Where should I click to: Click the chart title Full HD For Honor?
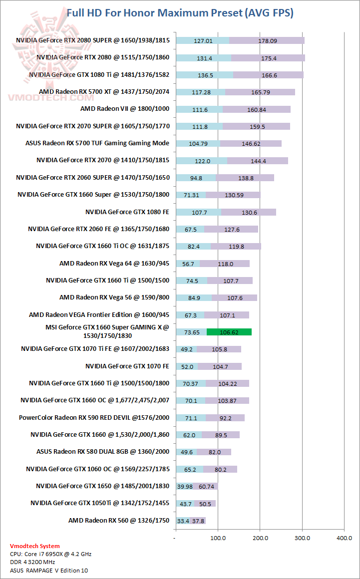tap(180, 13)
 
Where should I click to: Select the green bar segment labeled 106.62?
tap(229, 332)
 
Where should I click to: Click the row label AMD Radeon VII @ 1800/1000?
tap(125, 109)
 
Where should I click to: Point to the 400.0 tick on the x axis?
tap(344, 538)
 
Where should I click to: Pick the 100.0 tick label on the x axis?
tap(218, 538)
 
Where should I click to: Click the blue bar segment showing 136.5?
tap(205, 75)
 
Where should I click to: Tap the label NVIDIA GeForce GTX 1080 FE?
tap(127, 212)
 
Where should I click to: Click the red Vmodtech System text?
tap(35, 546)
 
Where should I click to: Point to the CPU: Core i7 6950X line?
tap(50, 554)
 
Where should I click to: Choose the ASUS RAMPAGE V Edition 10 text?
tap(49, 570)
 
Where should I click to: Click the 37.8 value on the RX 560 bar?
tap(199, 521)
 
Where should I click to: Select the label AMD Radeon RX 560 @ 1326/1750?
tap(119, 520)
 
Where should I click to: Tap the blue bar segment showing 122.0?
tap(201, 161)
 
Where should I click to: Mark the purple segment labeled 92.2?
tap(225, 418)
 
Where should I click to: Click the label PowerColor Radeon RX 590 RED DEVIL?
tap(94, 417)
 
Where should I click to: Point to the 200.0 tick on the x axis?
tap(260, 538)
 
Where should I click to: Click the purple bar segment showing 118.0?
tap(224, 264)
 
